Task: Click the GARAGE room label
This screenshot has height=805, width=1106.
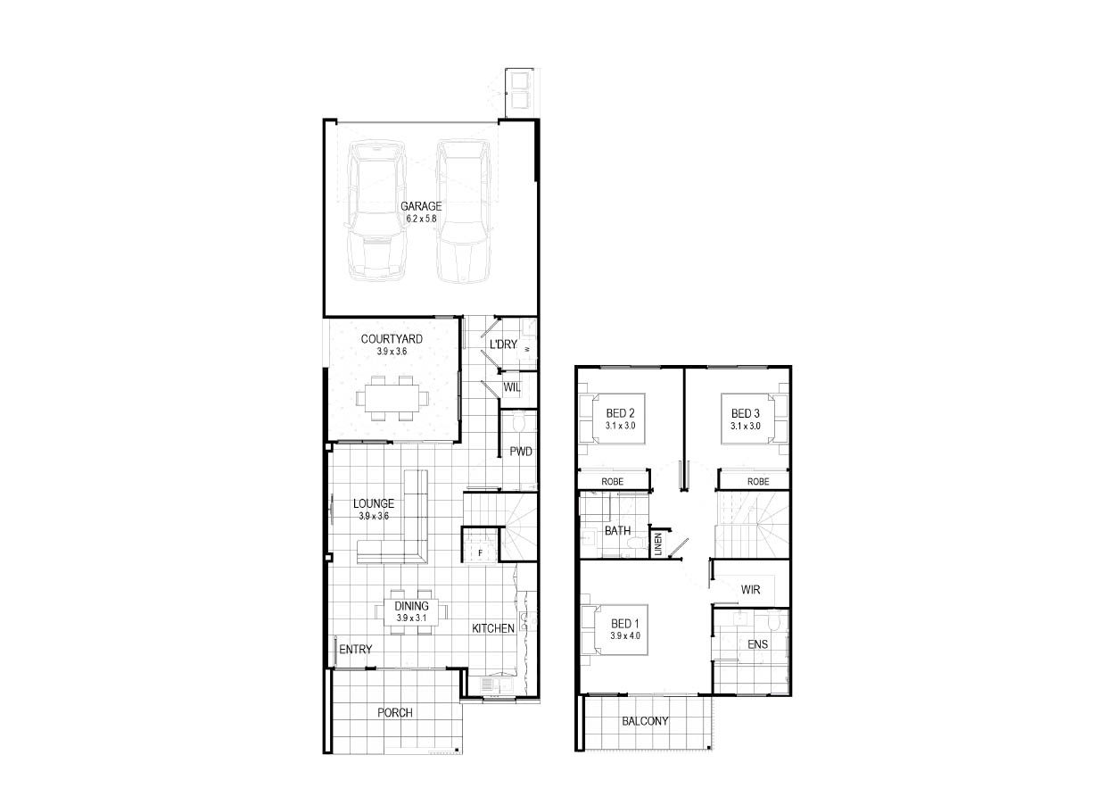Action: pyautogui.click(x=421, y=206)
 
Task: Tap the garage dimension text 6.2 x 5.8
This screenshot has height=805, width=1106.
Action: pyautogui.click(x=421, y=219)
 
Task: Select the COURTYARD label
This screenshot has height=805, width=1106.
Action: pyautogui.click(x=392, y=339)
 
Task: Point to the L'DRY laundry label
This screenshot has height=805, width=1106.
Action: pyautogui.click(x=503, y=344)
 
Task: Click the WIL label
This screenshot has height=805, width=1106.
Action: pyautogui.click(x=512, y=387)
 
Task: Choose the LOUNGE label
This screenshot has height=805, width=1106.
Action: pyautogui.click(x=374, y=503)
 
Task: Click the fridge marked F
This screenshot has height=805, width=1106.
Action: pyautogui.click(x=480, y=553)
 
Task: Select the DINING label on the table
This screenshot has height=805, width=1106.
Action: pyautogui.click(x=411, y=606)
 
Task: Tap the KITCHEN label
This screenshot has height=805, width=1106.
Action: pyautogui.click(x=493, y=628)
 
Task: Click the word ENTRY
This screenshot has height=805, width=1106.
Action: pyautogui.click(x=356, y=650)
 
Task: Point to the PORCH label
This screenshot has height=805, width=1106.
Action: pyautogui.click(x=395, y=712)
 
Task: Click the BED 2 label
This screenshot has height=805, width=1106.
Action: pyautogui.click(x=620, y=413)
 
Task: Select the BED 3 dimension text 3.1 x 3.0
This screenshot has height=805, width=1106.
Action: pyautogui.click(x=746, y=426)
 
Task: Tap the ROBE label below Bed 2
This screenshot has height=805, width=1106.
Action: pyautogui.click(x=612, y=481)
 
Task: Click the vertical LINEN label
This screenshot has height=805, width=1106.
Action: pyautogui.click(x=658, y=544)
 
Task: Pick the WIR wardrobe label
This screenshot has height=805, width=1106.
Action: pyautogui.click(x=750, y=590)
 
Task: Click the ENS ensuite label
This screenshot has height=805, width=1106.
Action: pyautogui.click(x=758, y=643)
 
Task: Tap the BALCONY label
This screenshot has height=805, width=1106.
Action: pyautogui.click(x=645, y=721)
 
